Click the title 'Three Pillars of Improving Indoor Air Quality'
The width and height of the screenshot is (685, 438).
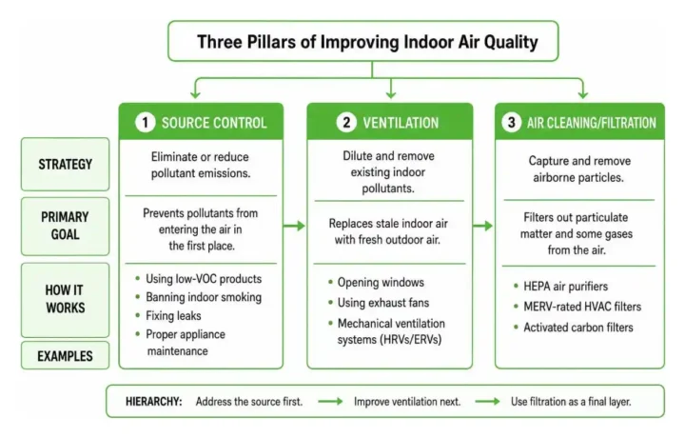point(367,42)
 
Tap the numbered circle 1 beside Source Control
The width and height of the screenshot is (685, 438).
point(145,123)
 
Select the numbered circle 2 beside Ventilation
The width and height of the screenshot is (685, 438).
point(346,122)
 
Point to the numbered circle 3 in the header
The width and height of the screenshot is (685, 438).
point(511,122)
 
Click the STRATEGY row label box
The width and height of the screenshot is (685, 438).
point(65,165)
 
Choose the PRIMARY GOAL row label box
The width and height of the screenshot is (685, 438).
point(65,226)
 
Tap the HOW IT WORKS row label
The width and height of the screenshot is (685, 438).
point(65,299)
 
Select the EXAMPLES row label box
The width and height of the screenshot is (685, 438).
point(65,355)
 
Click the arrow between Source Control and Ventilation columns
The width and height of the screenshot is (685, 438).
point(294,226)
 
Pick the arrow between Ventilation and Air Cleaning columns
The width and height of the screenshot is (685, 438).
point(482,226)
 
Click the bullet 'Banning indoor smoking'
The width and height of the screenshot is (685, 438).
point(204,297)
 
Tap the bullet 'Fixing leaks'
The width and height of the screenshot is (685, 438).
point(173,315)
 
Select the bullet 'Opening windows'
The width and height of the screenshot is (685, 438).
point(381,283)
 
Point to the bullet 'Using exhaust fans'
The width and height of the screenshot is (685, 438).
point(383,303)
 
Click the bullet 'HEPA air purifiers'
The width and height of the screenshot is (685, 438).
point(566,287)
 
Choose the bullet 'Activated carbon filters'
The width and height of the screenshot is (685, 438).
point(578,328)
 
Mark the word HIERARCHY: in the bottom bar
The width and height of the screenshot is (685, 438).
point(154,401)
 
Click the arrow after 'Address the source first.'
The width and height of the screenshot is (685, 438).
point(330,401)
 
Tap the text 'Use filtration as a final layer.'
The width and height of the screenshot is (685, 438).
point(571,401)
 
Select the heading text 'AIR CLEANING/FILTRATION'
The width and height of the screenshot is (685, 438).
point(592,123)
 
